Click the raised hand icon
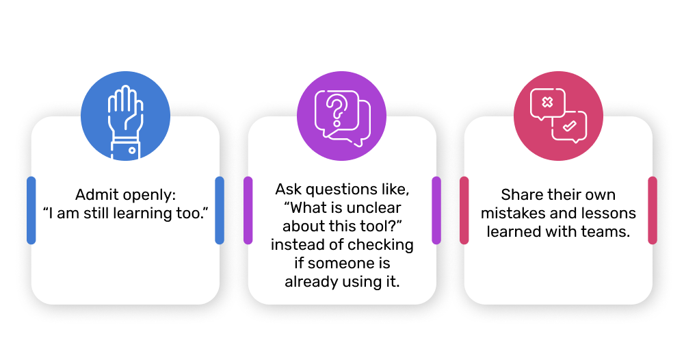tap(126, 122)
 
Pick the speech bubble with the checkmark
tap(569, 127)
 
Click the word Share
tap(521, 194)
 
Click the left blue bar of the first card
tap(31, 210)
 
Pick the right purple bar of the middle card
tap(436, 210)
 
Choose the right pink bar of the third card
tap(653, 210)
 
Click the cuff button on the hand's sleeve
tap(132, 151)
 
